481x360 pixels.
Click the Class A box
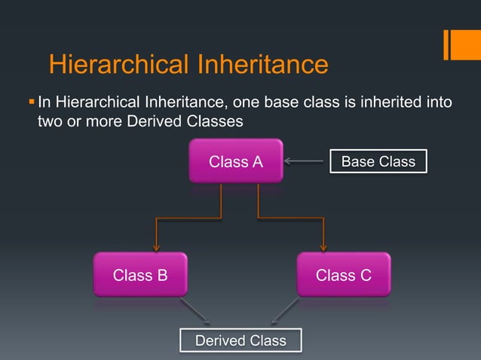[x=236, y=160]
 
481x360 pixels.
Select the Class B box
[x=140, y=275]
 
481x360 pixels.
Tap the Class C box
[x=343, y=275]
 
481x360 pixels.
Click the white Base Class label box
[x=378, y=161]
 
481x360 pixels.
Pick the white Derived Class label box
[x=240, y=340]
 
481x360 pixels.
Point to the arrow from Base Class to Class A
[x=305, y=161]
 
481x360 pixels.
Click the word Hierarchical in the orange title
[x=118, y=65]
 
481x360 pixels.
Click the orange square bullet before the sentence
[x=31, y=101]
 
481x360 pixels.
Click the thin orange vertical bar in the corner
[x=447, y=44]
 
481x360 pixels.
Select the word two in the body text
[x=51, y=121]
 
